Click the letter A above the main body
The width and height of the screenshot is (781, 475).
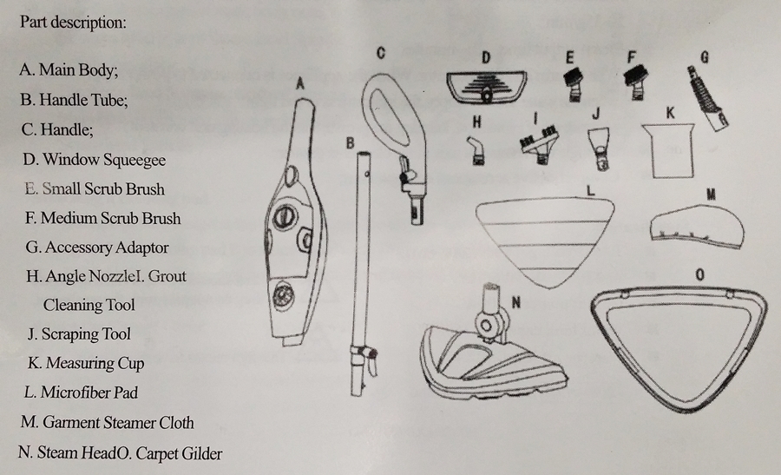(x=300, y=83)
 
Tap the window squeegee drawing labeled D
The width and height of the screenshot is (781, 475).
(x=486, y=87)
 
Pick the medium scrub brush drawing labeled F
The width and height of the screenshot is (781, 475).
(x=634, y=82)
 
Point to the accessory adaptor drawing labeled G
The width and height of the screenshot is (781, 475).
(x=706, y=99)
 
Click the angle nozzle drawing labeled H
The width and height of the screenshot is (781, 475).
(x=476, y=150)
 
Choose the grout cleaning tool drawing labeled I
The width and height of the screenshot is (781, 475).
(x=539, y=144)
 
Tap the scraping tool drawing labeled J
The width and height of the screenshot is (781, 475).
(x=600, y=148)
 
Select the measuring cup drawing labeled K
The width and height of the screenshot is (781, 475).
(x=668, y=150)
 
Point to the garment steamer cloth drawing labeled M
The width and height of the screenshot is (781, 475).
(x=698, y=228)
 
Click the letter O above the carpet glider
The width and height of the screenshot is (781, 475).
(x=699, y=274)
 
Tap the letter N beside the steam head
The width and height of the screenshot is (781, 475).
(x=516, y=302)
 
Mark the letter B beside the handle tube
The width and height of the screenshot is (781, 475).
(x=351, y=143)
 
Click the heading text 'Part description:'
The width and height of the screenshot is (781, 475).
(x=73, y=23)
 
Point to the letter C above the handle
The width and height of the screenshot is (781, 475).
(x=381, y=53)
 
